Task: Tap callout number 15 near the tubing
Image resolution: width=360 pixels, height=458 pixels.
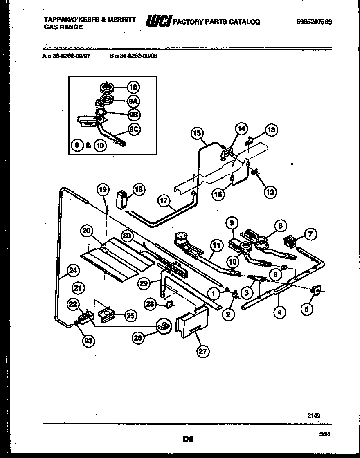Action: [197, 133]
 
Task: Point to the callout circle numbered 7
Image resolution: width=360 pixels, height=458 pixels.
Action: [310, 234]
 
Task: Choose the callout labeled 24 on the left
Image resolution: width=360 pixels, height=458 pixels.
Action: [73, 270]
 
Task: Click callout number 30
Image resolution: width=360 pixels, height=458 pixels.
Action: [127, 236]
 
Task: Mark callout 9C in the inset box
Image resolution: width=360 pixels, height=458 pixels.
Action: [133, 129]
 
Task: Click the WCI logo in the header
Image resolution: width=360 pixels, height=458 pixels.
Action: [158, 21]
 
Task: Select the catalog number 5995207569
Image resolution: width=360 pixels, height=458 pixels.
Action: [314, 22]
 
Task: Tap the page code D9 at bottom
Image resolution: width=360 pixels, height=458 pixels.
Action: [188, 440]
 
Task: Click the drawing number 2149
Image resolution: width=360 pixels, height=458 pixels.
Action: [314, 415]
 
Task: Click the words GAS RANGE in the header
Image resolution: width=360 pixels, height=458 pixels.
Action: [63, 27]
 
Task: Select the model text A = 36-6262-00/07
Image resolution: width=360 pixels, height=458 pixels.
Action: [66, 57]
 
